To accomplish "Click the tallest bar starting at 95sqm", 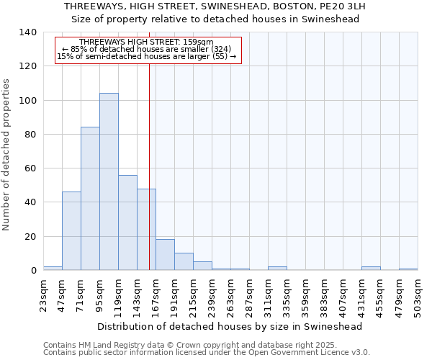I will click(109, 181).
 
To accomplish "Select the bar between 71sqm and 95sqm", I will click(90, 199).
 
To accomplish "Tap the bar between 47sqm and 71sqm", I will click(71, 230).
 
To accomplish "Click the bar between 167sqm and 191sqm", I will click(165, 255).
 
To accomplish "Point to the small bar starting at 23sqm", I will click(53, 269).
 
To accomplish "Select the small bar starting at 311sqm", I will click(277, 269).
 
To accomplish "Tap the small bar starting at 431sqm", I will click(371, 269).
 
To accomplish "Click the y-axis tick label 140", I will click(28, 32).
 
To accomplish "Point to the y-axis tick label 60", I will click(31, 168).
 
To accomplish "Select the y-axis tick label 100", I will click(28, 101).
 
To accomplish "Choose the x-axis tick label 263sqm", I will click(230, 296).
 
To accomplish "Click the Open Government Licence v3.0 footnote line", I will click(207, 353).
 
